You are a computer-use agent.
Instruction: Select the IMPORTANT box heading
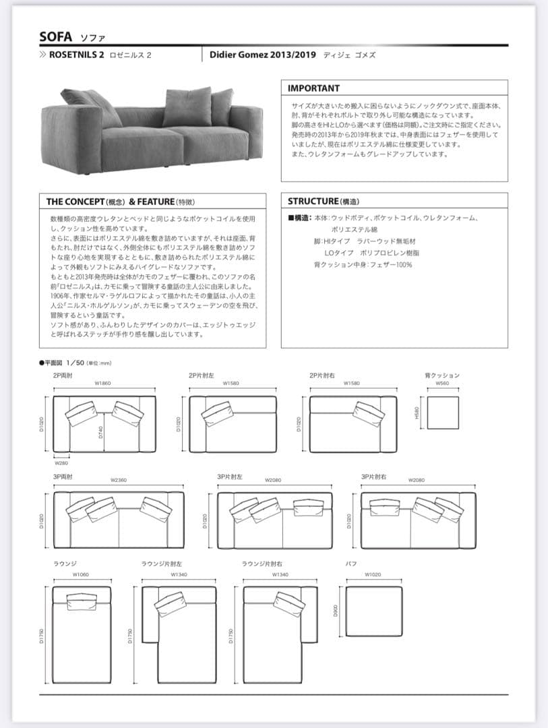pos(313,88)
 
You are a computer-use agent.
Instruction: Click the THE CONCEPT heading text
pos(74,201)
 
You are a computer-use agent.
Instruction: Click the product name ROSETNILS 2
pos(77,55)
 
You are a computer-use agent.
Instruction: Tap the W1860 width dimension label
pos(102,384)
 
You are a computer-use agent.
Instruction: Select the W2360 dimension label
pos(119,480)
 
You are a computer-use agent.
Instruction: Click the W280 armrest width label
pos(61,463)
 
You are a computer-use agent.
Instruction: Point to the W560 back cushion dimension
pos(442,384)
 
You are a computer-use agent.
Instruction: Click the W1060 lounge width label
pos(81,574)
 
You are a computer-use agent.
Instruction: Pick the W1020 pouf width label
pos(373,574)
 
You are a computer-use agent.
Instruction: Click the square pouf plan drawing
pos(373,610)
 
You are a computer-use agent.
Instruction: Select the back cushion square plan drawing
pos(443,413)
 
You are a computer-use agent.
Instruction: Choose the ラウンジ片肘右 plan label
pos(262,563)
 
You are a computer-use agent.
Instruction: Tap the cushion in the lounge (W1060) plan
pos(81,599)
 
